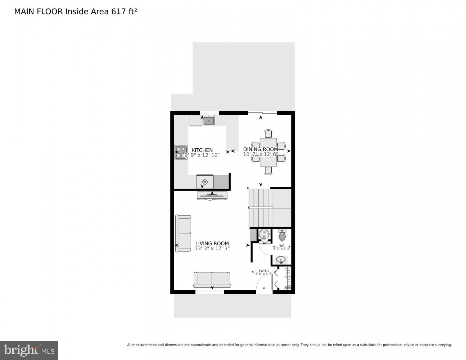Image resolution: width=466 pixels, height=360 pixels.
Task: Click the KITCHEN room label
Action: (x=202, y=150)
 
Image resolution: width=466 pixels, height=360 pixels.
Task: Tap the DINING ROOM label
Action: (x=261, y=149)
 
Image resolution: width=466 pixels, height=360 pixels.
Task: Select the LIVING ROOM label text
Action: (x=212, y=243)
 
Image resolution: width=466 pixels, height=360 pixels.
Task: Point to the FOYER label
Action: (x=264, y=271)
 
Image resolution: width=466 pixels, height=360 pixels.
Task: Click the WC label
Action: (x=281, y=246)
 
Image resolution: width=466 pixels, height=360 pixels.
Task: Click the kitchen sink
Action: (x=208, y=121)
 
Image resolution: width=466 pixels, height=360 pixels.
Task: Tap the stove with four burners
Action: (x=181, y=152)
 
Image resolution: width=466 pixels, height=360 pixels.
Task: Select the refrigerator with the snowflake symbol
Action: (x=205, y=182)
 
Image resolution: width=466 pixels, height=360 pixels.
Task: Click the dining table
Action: (x=268, y=152)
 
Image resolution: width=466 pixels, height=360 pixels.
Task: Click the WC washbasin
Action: (x=281, y=259)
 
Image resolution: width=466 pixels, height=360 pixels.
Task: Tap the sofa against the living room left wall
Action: (x=183, y=233)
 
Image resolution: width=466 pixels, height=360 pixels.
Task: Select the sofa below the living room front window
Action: (x=212, y=279)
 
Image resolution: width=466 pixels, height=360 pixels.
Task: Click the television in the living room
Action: (x=212, y=196)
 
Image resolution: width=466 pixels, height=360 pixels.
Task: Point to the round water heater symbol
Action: (x=264, y=234)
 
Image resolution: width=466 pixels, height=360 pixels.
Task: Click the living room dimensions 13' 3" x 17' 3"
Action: (x=212, y=248)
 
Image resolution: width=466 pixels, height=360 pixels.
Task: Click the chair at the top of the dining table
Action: (x=268, y=134)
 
